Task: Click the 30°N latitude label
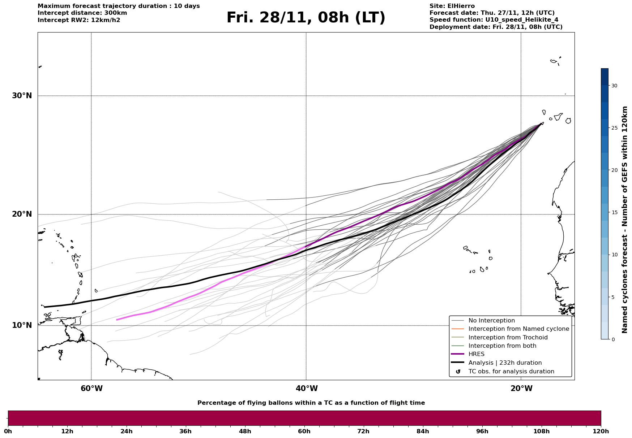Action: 22,96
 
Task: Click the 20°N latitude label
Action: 22,214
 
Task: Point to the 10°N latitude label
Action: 22,325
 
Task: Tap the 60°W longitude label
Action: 91,389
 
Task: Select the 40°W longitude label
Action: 306,389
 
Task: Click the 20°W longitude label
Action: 521,389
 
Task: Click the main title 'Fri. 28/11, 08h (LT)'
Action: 306,18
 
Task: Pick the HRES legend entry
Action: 476,354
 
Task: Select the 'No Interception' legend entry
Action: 491,321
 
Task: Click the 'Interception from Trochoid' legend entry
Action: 508,338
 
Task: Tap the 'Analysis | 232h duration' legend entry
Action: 505,363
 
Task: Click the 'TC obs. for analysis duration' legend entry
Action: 511,372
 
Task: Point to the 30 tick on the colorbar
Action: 614,86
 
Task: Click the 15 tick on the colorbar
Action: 614,212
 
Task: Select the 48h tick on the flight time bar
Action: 245,431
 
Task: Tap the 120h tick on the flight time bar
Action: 601,431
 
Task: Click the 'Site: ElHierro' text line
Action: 452,6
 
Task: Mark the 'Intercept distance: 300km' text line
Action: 82,13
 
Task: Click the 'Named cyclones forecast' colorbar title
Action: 624,220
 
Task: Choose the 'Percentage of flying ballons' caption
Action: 311,403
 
